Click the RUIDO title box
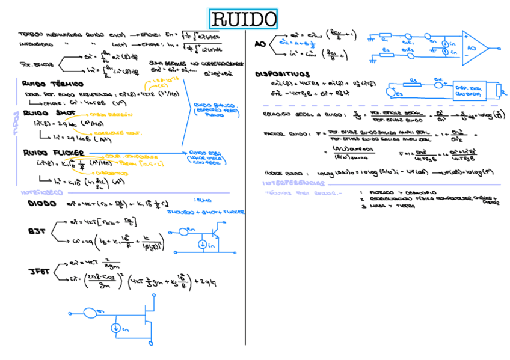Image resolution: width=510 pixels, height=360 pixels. click(244, 19)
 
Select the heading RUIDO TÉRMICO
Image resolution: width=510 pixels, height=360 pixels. click(52, 84)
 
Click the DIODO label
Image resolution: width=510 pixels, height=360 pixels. click(42, 203)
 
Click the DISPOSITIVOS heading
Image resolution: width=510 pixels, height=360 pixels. click(282, 74)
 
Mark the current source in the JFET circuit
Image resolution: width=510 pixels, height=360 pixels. click(115, 328)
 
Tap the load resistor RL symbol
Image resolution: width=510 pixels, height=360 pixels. click(497, 90)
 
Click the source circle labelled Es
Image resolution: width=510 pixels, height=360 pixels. click(392, 93)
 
